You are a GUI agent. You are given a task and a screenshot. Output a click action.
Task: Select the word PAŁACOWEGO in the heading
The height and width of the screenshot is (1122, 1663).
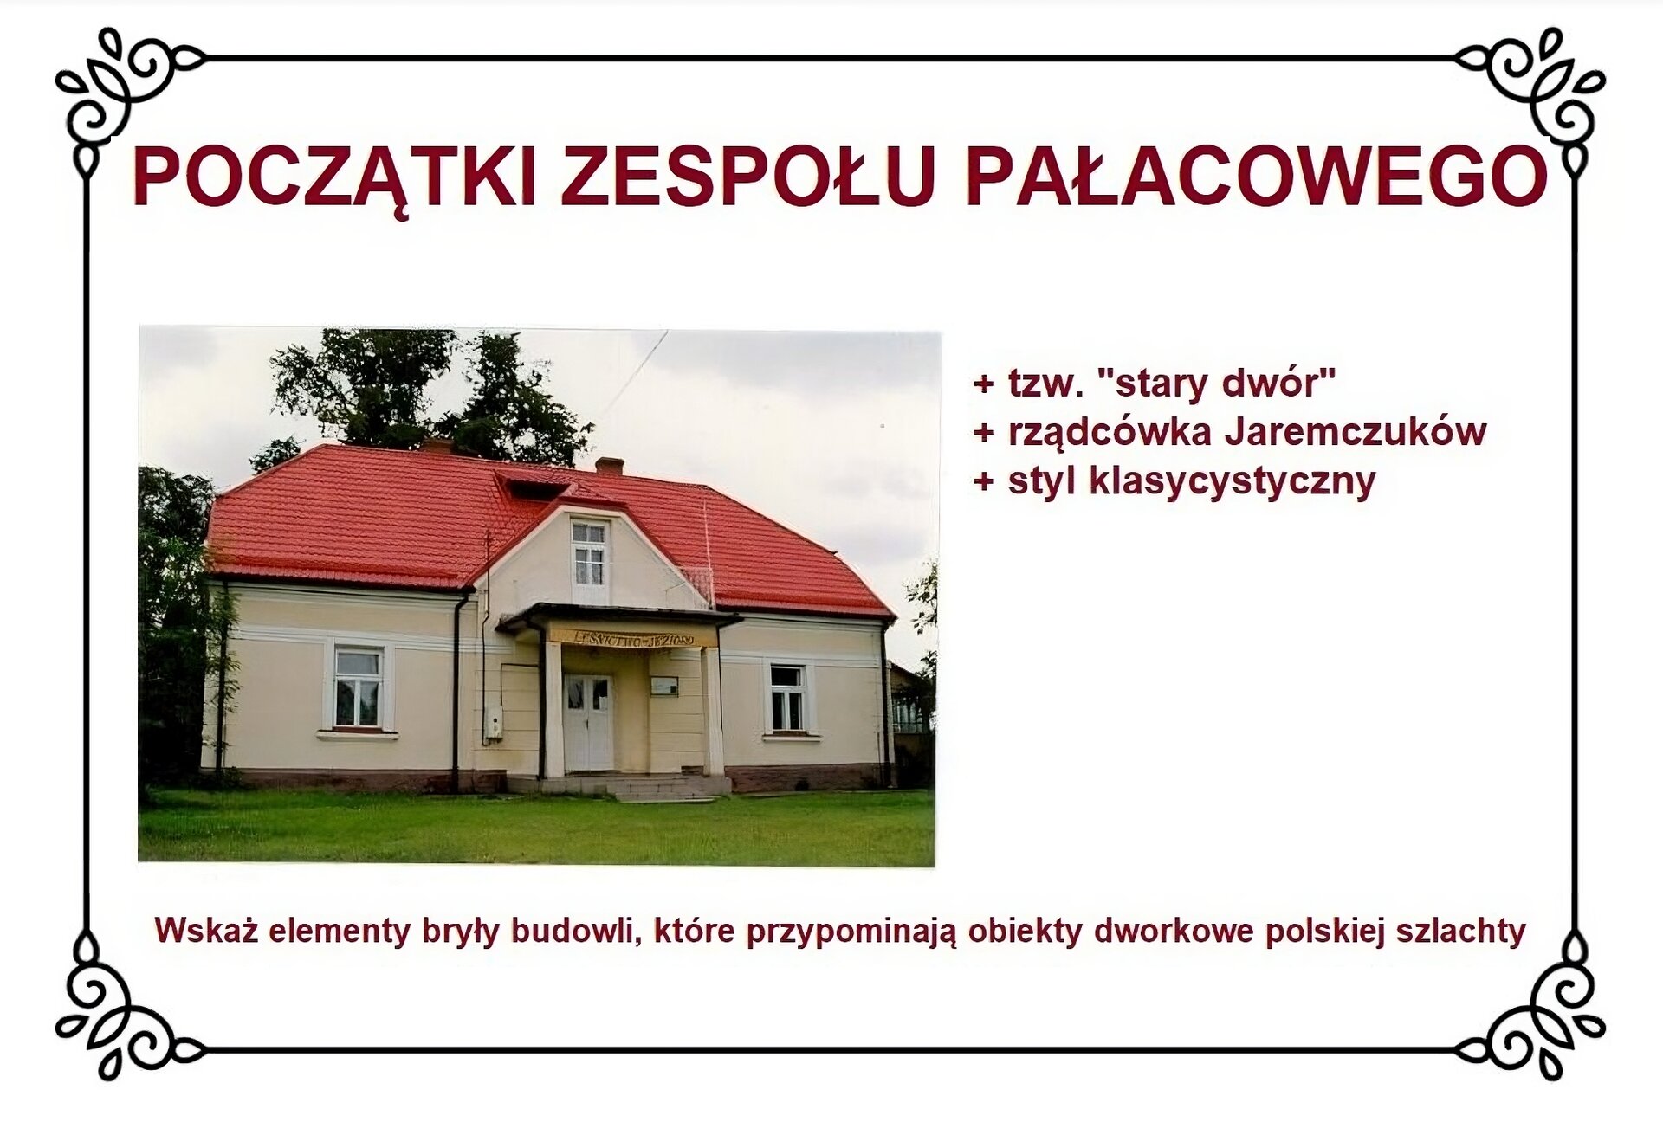[x=1255, y=177]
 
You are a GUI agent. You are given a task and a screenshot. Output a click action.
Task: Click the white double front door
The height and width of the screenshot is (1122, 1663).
[x=588, y=723]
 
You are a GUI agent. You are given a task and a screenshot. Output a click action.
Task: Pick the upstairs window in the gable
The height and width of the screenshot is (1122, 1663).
[x=589, y=554]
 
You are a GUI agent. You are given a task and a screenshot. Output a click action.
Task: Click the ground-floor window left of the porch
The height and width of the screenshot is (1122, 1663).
[x=358, y=687]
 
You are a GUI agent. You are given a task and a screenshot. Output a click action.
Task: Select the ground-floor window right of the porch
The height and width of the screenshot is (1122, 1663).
[x=787, y=697]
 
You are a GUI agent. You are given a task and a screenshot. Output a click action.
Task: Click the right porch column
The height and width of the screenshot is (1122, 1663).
[x=712, y=713]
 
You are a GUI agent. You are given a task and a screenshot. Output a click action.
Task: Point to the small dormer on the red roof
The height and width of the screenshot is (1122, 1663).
[x=531, y=485]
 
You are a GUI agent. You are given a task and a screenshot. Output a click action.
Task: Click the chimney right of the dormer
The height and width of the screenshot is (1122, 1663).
[x=610, y=466]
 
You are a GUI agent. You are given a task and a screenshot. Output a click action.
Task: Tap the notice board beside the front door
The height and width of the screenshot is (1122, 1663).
[x=664, y=686]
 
